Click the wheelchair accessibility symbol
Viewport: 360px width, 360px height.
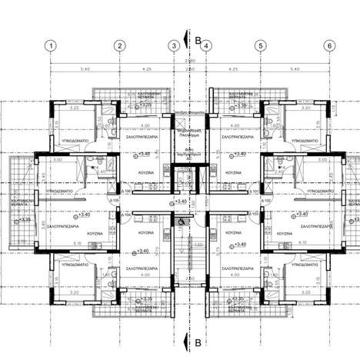pos(182,222)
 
